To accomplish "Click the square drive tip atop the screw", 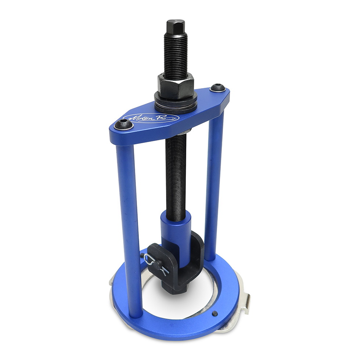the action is [x=176, y=27].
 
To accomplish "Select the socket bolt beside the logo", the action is [x=123, y=125].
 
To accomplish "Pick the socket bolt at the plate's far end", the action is [x=217, y=88].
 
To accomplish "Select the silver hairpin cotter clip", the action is [x=156, y=265].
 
